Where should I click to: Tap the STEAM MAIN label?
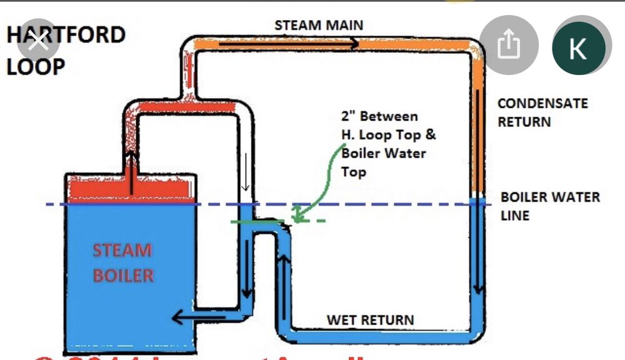[x=319, y=26]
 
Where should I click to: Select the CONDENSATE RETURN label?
[x=542, y=112]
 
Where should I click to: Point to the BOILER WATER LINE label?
[x=549, y=206]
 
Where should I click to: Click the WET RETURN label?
[x=370, y=320]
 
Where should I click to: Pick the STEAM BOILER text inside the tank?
[x=122, y=262]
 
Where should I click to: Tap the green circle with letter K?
[x=579, y=49]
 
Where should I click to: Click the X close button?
[x=39, y=42]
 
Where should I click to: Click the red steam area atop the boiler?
[x=132, y=191]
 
